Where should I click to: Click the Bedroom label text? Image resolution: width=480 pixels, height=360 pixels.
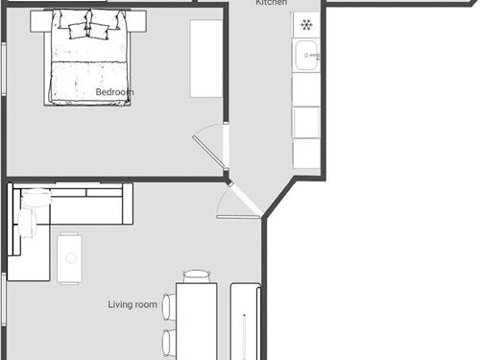click(x=114, y=92)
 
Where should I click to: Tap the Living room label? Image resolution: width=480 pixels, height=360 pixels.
click(x=132, y=304)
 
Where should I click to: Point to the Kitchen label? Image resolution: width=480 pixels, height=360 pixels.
click(x=272, y=3)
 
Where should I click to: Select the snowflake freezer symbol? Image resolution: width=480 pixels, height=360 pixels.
click(x=306, y=25)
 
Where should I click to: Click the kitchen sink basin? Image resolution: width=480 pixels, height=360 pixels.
click(x=306, y=56)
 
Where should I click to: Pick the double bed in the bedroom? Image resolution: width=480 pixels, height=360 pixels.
click(x=87, y=58)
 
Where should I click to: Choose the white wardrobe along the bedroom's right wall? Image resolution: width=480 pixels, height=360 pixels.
click(x=206, y=59)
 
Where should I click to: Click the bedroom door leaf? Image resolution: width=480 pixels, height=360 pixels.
click(x=208, y=152)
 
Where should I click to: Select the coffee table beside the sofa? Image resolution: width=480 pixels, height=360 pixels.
click(x=69, y=258)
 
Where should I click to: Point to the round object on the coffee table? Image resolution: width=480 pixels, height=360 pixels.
click(x=71, y=258)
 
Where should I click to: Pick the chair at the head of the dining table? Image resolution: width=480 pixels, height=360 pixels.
click(x=197, y=276)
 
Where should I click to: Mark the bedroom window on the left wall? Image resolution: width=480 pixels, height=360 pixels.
click(x=4, y=69)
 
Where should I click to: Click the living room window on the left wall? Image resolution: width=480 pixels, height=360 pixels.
click(x=4, y=300)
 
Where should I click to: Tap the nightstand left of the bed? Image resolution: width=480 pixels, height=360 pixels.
click(x=41, y=21)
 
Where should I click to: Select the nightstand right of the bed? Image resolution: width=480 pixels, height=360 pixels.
click(x=137, y=21)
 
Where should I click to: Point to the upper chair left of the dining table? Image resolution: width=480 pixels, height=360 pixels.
click(x=169, y=307)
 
